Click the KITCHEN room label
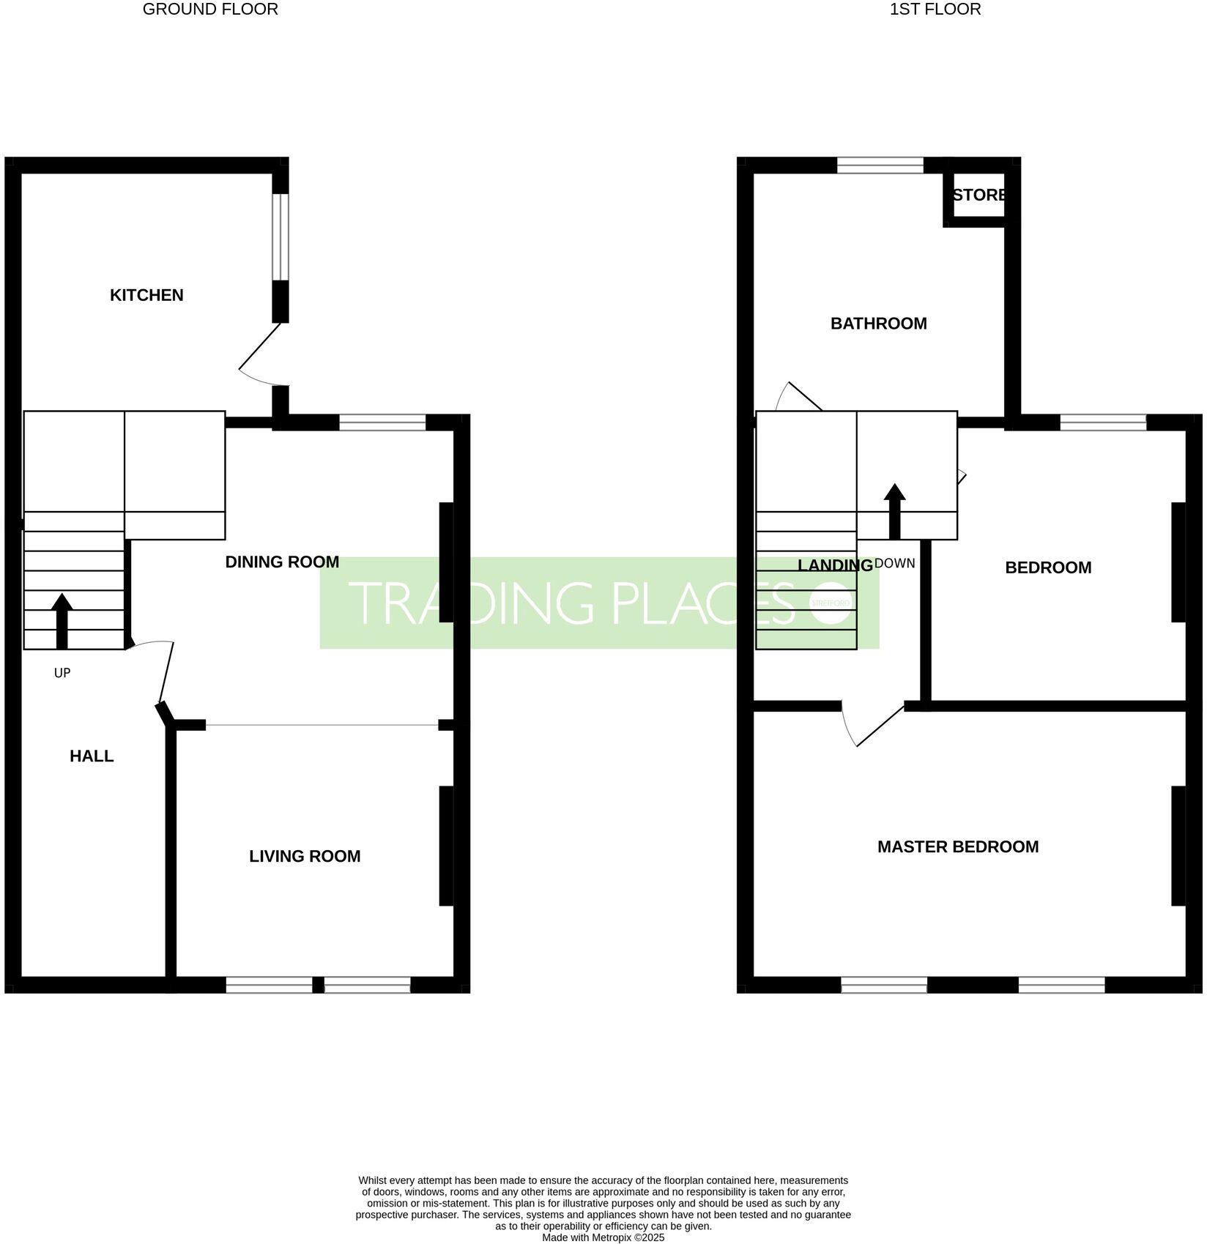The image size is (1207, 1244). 146,295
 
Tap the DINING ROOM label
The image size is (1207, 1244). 282,562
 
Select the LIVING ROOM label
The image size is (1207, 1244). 305,856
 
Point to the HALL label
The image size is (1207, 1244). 92,756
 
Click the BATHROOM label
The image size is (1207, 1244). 878,324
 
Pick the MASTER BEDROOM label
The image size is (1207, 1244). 958,847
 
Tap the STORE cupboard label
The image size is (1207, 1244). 979,195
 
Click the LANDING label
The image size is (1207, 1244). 835,565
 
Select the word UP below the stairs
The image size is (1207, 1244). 62,673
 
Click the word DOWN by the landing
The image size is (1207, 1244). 895,564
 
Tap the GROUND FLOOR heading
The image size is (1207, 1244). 210,10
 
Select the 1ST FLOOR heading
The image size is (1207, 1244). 935,10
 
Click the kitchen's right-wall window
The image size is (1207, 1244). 281,236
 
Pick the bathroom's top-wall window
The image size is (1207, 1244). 880,165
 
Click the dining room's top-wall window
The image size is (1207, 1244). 382,422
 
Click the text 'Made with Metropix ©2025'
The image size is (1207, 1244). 603,1237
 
